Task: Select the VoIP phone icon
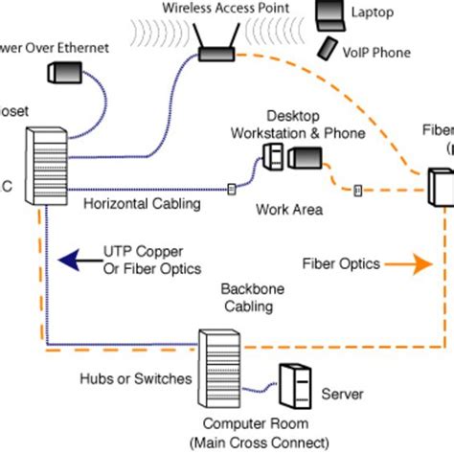(x=326, y=47)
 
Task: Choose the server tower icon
(x=294, y=387)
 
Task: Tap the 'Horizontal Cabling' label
(x=142, y=204)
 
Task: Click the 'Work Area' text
(x=288, y=208)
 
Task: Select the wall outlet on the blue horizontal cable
(x=231, y=189)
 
